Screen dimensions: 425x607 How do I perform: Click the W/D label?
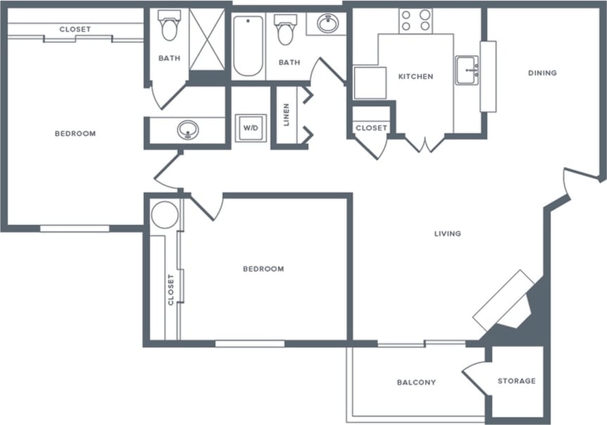(x=250, y=128)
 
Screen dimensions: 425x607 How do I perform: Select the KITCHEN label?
(x=415, y=76)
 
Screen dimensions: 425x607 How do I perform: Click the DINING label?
(x=542, y=73)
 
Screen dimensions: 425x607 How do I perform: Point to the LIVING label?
(x=448, y=233)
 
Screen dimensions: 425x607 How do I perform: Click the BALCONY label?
(x=416, y=383)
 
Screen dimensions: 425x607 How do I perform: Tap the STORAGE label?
(x=516, y=381)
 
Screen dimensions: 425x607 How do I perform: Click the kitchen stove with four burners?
(x=416, y=20)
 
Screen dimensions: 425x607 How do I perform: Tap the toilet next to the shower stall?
(x=169, y=26)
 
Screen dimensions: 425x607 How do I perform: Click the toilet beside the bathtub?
(x=285, y=30)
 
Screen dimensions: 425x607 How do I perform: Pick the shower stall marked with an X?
(x=207, y=39)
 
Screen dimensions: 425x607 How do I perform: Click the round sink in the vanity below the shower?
(x=187, y=130)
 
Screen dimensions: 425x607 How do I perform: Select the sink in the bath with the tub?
(x=327, y=23)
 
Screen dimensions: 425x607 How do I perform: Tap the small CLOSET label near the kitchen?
(x=371, y=128)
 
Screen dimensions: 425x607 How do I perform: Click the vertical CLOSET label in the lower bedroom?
(x=170, y=290)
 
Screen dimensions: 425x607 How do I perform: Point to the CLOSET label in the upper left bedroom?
(x=75, y=29)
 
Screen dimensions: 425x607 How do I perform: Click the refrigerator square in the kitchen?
(x=370, y=82)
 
